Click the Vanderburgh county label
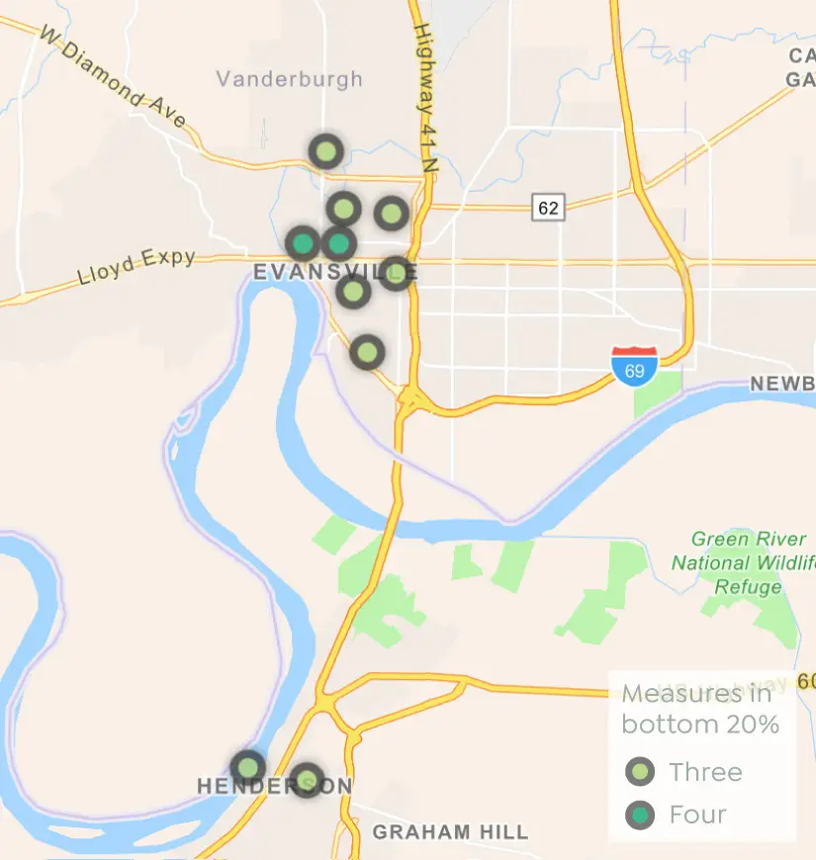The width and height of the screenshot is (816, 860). (289, 79)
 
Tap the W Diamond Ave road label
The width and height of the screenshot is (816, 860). (113, 76)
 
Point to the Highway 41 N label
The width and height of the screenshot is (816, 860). (424, 98)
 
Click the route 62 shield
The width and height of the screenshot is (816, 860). (547, 208)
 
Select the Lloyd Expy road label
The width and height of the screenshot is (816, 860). (136, 268)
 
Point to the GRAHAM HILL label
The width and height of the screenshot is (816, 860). (450, 832)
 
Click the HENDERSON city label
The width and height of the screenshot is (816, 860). (274, 787)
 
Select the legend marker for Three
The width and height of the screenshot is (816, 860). (641, 772)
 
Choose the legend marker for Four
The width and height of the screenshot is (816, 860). (641, 815)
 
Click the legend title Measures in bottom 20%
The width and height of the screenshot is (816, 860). (699, 709)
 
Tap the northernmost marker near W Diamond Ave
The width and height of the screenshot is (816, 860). (325, 152)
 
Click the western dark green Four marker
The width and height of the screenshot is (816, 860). (303, 243)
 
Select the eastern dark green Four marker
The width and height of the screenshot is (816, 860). (338, 242)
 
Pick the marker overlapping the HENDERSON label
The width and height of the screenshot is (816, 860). (307, 780)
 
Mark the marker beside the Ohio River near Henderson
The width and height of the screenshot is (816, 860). (247, 767)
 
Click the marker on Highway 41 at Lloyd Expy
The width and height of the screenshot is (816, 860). (395, 273)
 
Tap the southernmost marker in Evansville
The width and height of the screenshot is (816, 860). (367, 352)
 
